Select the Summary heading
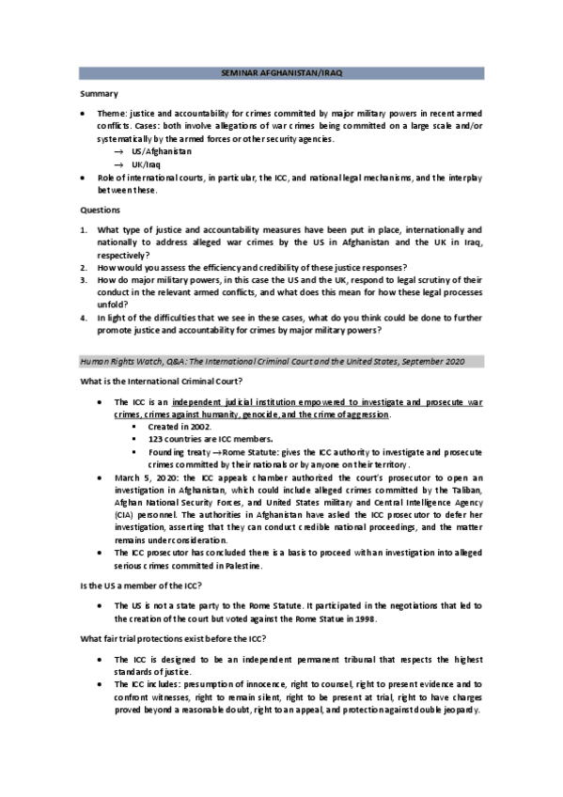click(99, 93)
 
